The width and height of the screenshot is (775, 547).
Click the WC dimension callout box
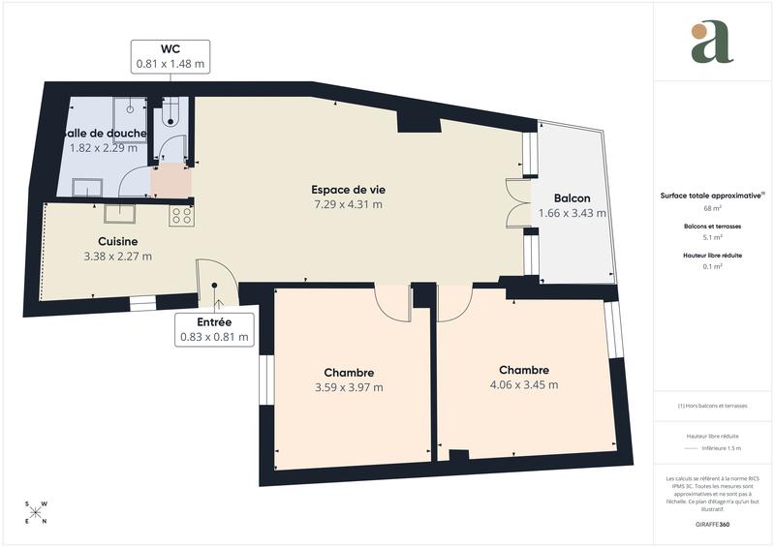(170, 56)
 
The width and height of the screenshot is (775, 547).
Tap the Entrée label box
(214, 329)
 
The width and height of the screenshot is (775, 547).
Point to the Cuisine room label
(117, 241)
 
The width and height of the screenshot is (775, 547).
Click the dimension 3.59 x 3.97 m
(349, 387)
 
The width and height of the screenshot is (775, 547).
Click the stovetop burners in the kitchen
(182, 215)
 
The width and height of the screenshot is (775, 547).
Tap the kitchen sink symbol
(119, 213)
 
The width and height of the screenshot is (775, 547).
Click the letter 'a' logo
(712, 43)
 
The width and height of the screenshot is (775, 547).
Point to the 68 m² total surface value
(713, 208)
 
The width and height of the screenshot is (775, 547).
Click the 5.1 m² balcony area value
(713, 238)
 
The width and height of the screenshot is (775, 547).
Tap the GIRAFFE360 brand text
(713, 523)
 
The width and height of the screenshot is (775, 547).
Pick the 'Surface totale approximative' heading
(711, 195)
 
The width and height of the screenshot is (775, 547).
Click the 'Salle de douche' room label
(105, 133)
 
